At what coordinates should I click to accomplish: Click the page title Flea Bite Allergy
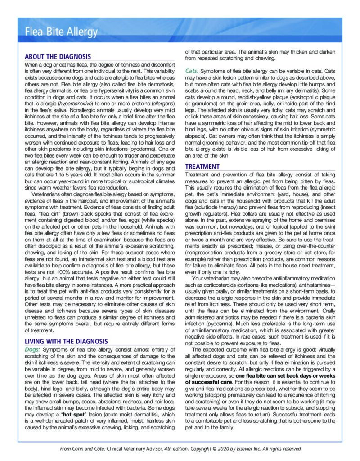point(61,32)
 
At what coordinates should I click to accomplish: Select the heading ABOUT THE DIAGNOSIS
point(58,57)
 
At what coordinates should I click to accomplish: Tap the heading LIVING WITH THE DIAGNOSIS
point(66,341)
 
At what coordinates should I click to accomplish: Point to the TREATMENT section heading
point(202,167)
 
